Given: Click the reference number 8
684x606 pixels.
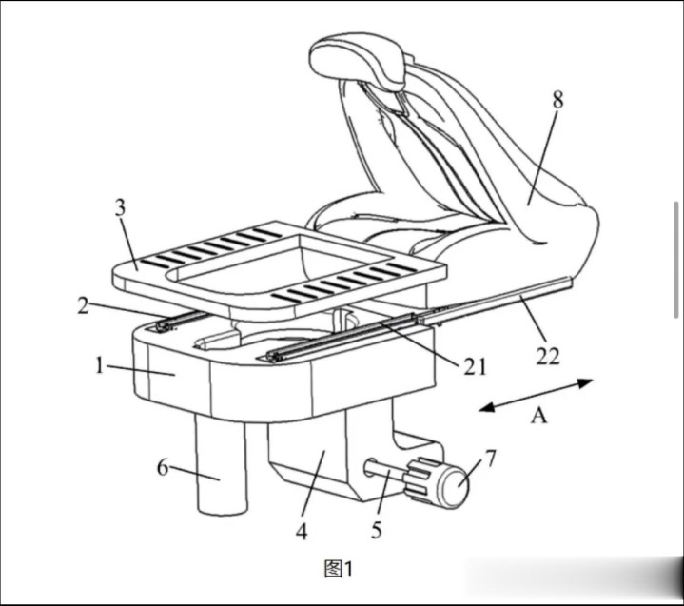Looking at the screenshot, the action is tap(557, 100).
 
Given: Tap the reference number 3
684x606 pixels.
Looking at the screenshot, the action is tap(121, 207).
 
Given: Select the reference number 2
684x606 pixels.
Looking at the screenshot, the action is tap(83, 305).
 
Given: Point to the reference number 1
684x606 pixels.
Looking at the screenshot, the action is tap(100, 365).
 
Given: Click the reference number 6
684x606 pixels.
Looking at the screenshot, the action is tap(163, 468).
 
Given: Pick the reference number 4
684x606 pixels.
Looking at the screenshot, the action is tap(302, 532).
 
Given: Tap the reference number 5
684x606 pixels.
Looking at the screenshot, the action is tap(377, 530).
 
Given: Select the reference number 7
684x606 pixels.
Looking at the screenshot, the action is tap(491, 459).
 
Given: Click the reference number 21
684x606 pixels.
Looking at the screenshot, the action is tap(475, 367).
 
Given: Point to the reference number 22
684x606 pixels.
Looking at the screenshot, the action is tap(548, 357).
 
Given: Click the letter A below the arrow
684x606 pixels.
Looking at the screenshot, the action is tap(539, 415).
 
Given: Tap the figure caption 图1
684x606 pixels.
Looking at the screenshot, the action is tap(339, 569).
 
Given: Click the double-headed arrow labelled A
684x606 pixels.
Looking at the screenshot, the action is tap(536, 395).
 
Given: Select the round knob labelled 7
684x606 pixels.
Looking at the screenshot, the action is tap(454, 485).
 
